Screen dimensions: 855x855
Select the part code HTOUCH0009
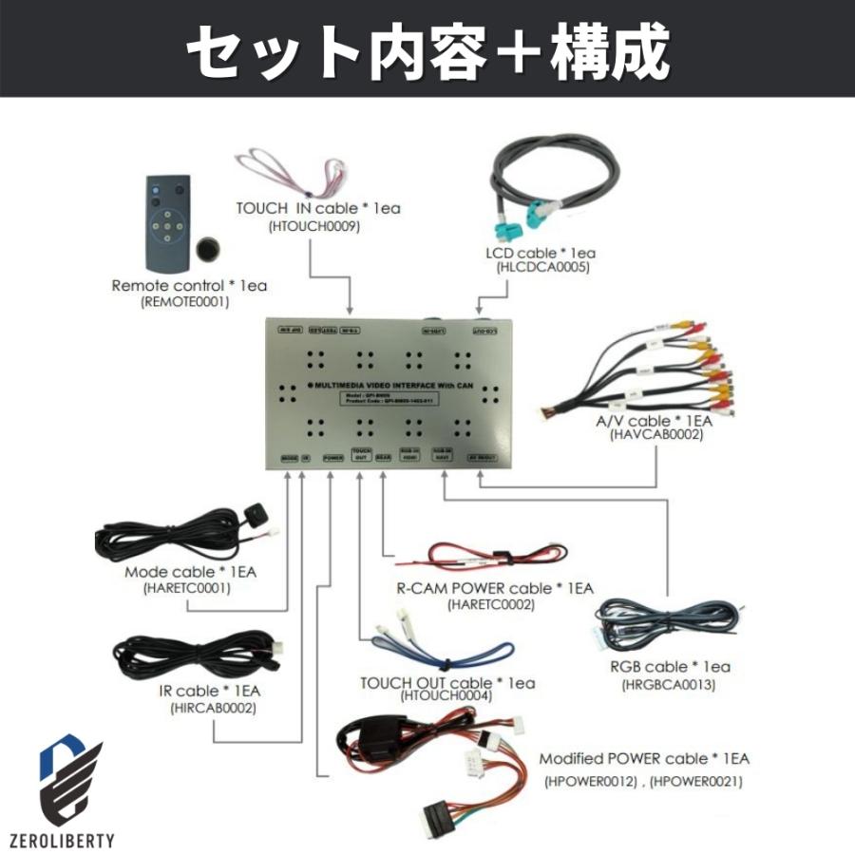pyautogui.click(x=313, y=225)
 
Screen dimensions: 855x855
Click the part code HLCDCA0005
pyautogui.click(x=543, y=268)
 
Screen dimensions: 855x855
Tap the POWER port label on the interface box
pyautogui.click(x=333, y=457)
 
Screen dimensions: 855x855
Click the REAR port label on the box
pyautogui.click(x=384, y=457)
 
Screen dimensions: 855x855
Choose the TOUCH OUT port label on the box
pyautogui.click(x=360, y=455)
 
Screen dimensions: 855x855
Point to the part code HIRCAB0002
pyautogui.click(x=213, y=707)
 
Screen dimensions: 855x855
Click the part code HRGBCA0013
pyautogui.click(x=668, y=684)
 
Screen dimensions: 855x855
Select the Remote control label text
pyautogui.click(x=189, y=285)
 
